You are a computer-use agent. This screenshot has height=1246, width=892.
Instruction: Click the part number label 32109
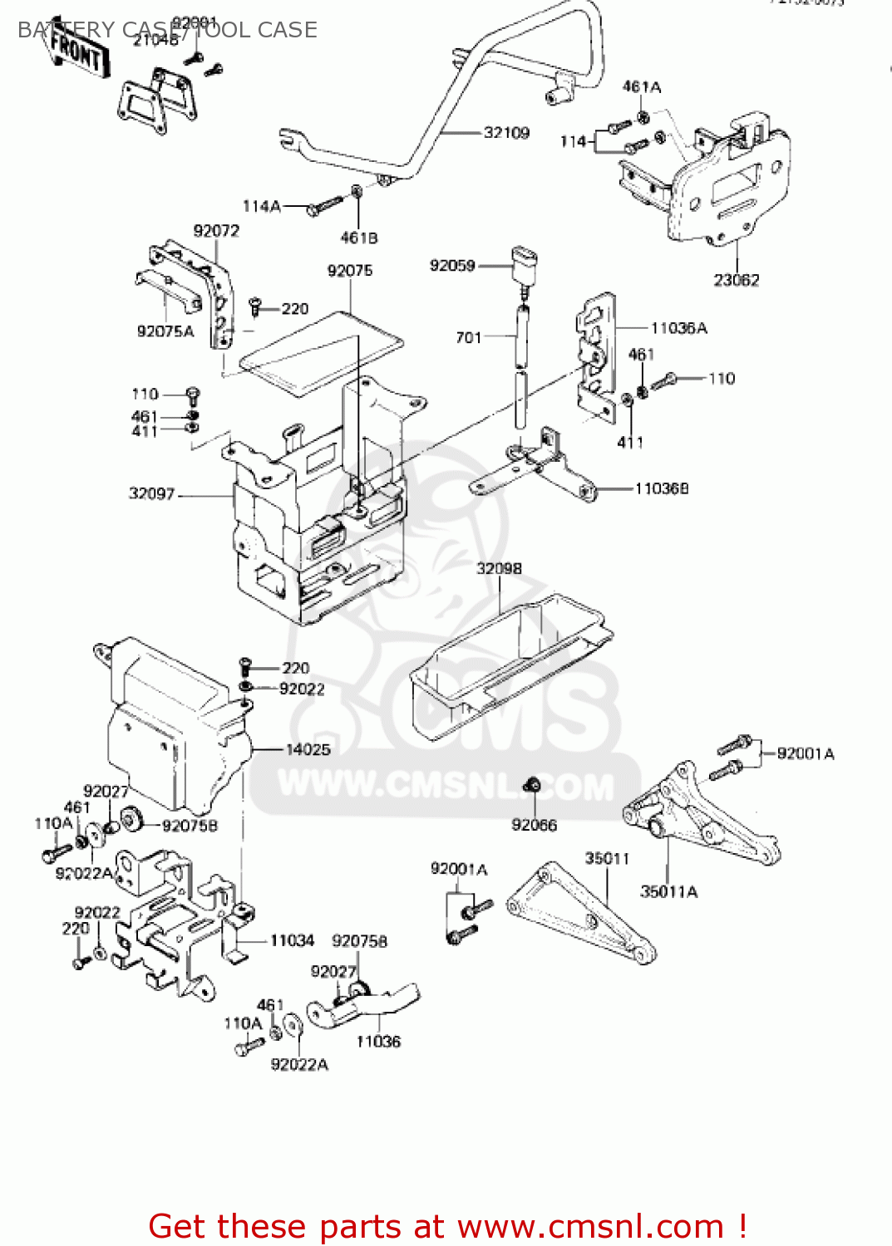[x=506, y=133]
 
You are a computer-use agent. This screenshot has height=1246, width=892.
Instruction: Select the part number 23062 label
[x=736, y=280]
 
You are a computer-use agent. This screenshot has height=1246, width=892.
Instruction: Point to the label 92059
[x=452, y=266]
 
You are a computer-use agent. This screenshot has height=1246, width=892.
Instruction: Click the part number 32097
[x=151, y=493]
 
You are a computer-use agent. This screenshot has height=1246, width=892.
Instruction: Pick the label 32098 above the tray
[x=499, y=568]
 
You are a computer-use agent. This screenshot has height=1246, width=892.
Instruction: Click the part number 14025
[x=308, y=749]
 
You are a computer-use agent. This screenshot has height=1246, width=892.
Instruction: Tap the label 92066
[x=534, y=825]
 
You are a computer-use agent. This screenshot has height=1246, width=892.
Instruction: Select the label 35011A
[x=668, y=891]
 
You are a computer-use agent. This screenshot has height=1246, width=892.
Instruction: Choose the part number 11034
[x=292, y=940]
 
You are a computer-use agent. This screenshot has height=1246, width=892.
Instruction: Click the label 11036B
[x=662, y=488]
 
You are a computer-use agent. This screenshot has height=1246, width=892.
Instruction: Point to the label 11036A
[x=678, y=328]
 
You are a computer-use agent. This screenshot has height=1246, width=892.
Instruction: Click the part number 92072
[x=216, y=231]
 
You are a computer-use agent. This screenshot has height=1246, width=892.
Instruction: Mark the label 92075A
[x=165, y=331]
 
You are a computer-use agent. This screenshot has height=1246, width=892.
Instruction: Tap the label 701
[x=469, y=336]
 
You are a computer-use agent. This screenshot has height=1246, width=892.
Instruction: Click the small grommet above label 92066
[x=534, y=784]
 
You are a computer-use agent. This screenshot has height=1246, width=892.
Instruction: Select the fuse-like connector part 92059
[x=525, y=264]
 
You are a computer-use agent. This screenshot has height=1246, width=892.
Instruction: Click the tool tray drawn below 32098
[x=507, y=665]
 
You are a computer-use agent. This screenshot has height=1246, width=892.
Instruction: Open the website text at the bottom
[x=447, y=1226]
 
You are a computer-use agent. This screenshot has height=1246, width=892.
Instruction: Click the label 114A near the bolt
[x=262, y=206]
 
